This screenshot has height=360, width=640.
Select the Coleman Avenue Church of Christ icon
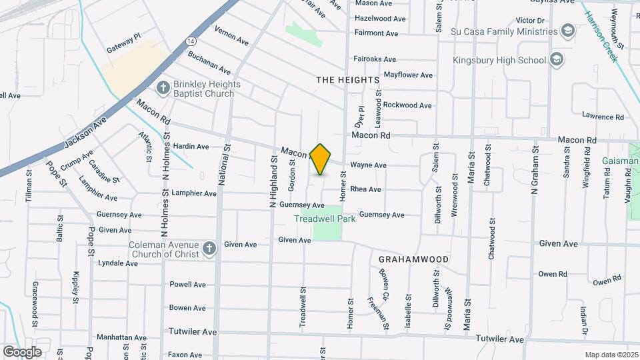click(209, 249)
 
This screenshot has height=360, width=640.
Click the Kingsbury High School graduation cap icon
click(557, 60)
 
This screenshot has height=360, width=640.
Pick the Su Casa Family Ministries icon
click(568, 31)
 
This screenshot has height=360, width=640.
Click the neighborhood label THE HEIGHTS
click(347, 80)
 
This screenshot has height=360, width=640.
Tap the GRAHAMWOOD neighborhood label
click(413, 259)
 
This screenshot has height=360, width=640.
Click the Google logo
click(22, 351)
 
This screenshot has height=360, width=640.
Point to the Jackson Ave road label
click(86, 134)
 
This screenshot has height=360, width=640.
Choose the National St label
click(223, 169)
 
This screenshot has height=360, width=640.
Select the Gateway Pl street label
click(124, 50)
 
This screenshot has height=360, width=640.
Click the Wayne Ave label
click(368, 165)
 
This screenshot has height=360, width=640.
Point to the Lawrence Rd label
click(602, 117)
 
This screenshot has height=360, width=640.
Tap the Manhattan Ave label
click(121, 338)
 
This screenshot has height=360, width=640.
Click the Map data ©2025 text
click(610, 355)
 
